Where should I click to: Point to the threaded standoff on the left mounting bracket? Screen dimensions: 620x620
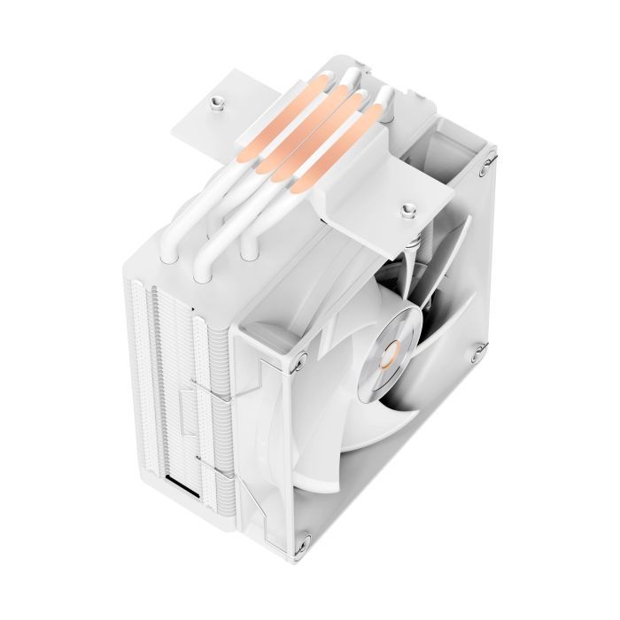pos(215,104)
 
